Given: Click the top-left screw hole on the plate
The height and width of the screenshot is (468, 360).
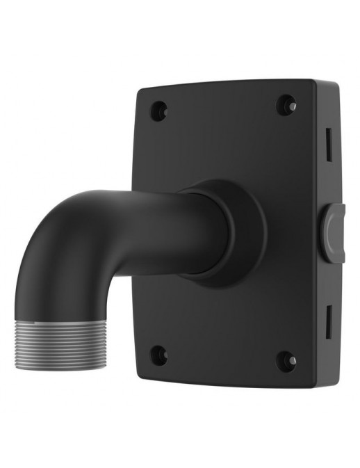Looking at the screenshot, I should click(x=159, y=109).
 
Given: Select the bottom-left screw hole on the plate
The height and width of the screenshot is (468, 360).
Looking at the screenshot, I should click(x=159, y=355).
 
